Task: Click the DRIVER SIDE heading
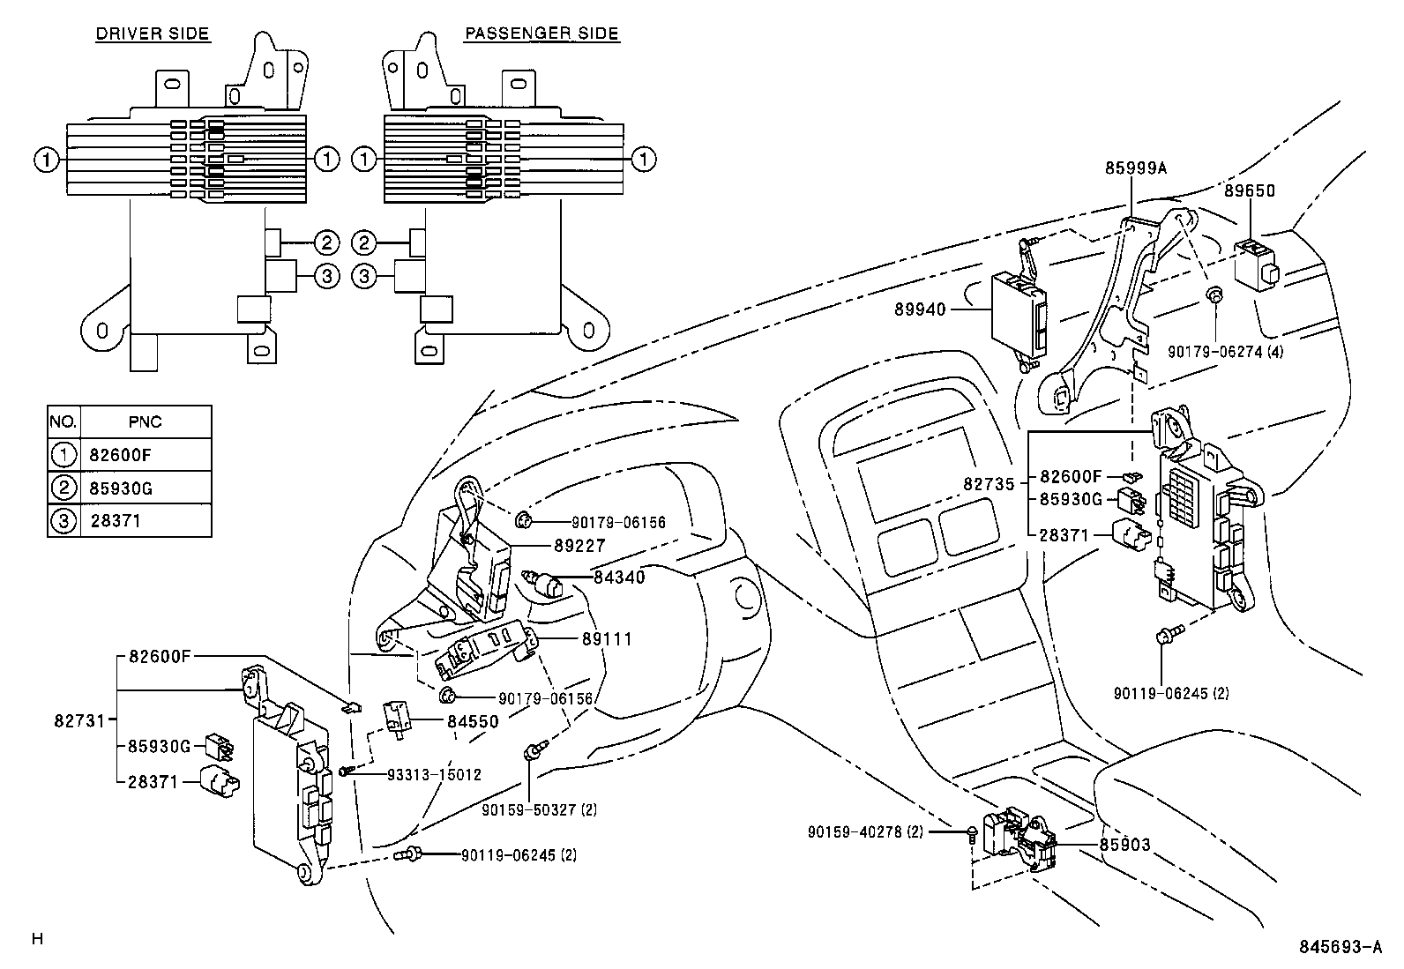pyautogui.click(x=152, y=34)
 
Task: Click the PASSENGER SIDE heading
pyautogui.click(x=541, y=34)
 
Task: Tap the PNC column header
pyautogui.click(x=145, y=421)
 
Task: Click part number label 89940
pyautogui.click(x=920, y=309)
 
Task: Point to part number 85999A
pyautogui.click(x=1135, y=168)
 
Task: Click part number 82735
pyautogui.click(x=990, y=484)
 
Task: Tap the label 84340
pyautogui.click(x=619, y=578)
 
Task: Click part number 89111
pyautogui.click(x=606, y=639)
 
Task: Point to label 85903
pyautogui.click(x=1124, y=845)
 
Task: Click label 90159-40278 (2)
pyautogui.click(x=864, y=831)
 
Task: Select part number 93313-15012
pyautogui.click(x=434, y=775)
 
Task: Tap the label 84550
pyautogui.click(x=473, y=721)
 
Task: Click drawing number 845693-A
pyautogui.click(x=1340, y=947)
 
